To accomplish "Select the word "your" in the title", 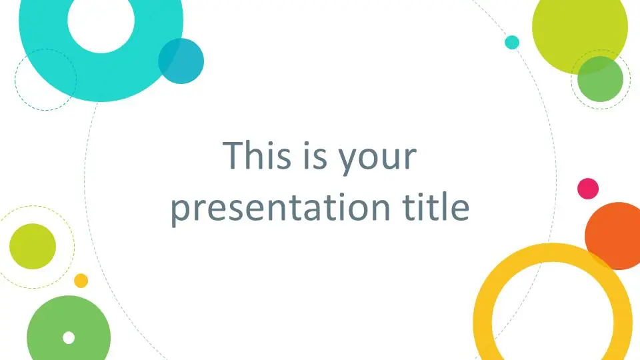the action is coord(378,159).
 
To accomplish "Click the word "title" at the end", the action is coord(436,206).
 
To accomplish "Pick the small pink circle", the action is coord(588,189).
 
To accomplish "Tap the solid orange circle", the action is coord(613,235).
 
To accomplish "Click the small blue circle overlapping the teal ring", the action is coord(181,61).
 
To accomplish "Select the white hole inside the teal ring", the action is coord(101,21).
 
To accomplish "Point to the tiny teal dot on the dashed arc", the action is coord(512,43).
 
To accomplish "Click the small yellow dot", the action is coord(81,281).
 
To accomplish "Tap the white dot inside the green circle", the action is coord(69,338).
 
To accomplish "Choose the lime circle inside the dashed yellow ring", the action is coord(33,246).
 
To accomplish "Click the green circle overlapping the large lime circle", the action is coord(600,79).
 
